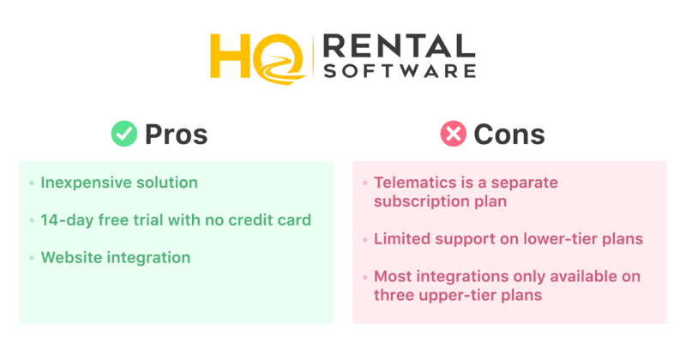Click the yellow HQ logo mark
(x=258, y=58)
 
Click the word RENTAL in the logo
(x=399, y=46)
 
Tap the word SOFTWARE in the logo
(x=400, y=71)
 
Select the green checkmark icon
(x=124, y=134)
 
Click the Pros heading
(x=177, y=134)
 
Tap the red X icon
(x=454, y=134)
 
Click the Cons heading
(x=509, y=134)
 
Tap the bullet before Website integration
(x=32, y=258)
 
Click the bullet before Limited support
(x=365, y=239)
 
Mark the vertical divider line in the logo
(x=313, y=57)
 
